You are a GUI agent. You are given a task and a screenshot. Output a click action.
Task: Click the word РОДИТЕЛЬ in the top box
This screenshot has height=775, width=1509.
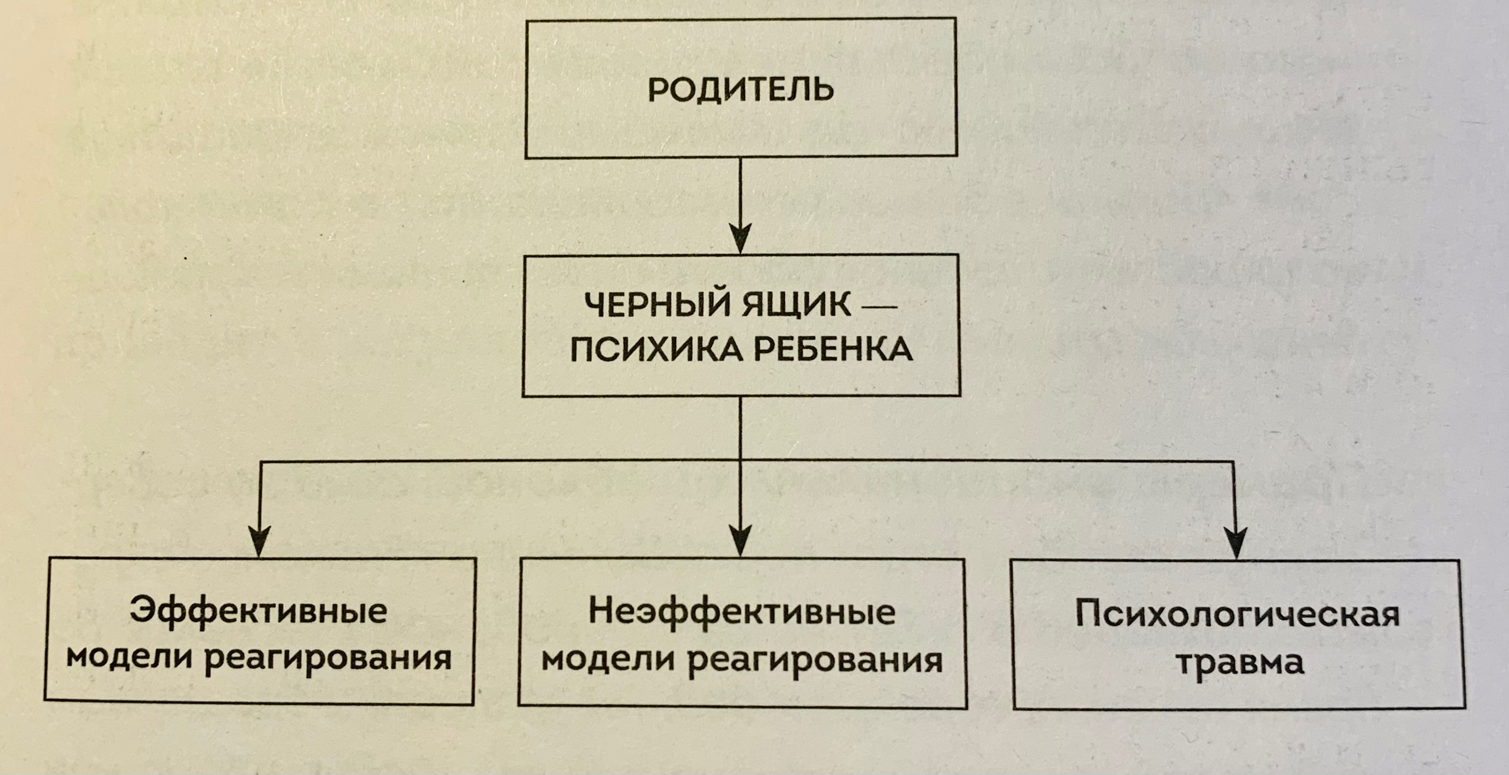coord(740,91)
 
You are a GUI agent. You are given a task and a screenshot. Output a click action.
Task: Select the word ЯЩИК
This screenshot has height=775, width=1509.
coord(796,306)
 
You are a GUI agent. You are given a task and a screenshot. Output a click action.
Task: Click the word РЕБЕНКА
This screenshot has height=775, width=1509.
coord(833,349)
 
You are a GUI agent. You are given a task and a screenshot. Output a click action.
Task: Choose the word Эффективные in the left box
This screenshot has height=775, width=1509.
coord(258,611)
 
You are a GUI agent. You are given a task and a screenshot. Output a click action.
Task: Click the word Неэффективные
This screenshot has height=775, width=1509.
coord(741,612)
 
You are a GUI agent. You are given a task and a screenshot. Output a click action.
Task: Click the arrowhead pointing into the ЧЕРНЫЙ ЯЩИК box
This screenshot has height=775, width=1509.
coord(741,239)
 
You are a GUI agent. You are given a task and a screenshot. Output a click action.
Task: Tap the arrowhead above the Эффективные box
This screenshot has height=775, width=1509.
coord(259,542)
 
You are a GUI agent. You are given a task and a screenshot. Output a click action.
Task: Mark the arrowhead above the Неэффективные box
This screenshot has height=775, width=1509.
coord(741,542)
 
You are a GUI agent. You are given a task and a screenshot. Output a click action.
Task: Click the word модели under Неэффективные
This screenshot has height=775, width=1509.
coord(607,659)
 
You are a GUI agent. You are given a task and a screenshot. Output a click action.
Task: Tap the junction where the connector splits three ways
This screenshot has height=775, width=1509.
coord(741,461)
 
